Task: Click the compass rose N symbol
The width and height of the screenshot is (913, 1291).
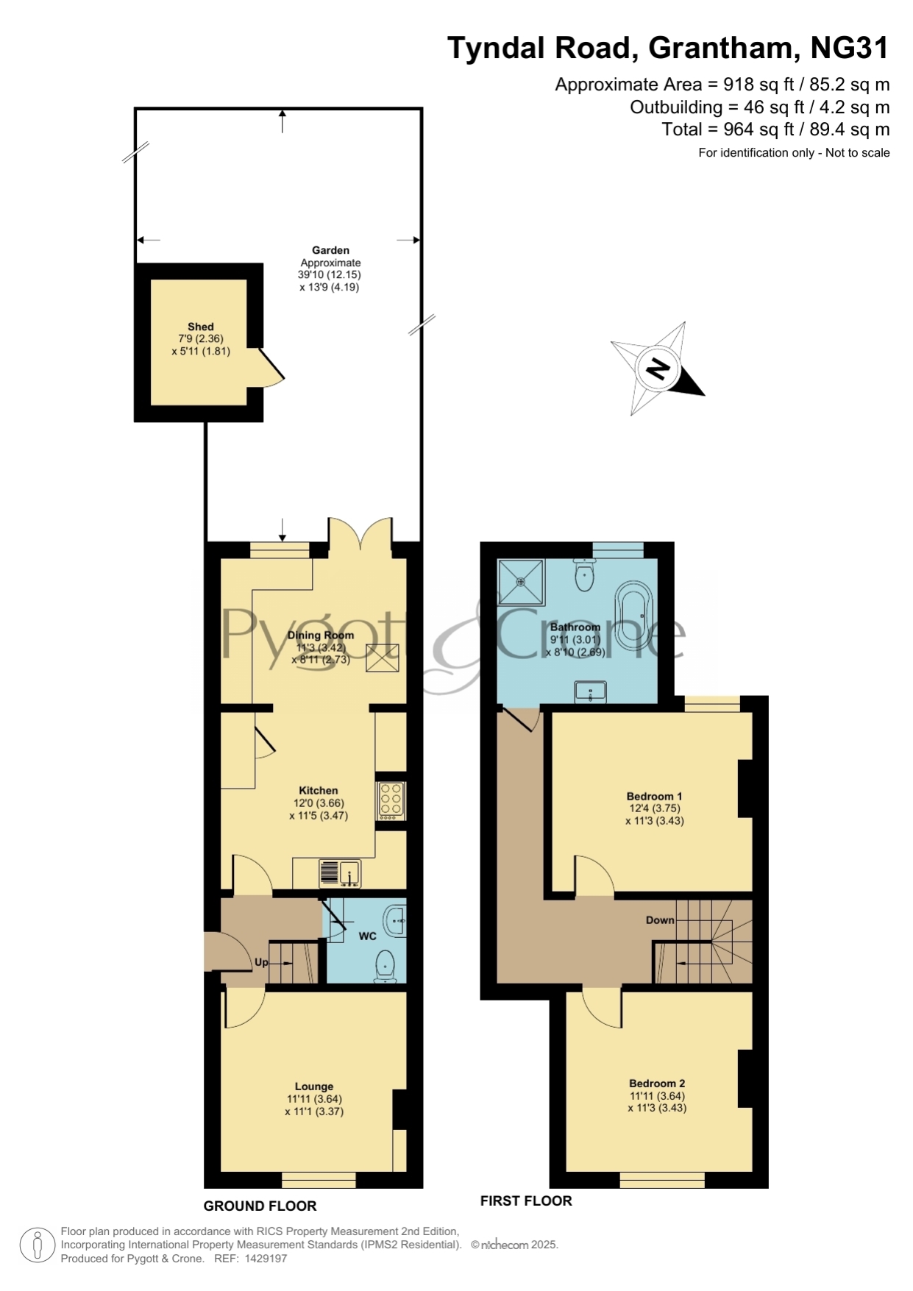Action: point(658,368)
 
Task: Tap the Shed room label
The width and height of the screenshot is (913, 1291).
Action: point(201,327)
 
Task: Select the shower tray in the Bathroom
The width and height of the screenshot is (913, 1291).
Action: point(522,581)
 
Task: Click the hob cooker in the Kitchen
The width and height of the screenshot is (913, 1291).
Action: point(391,800)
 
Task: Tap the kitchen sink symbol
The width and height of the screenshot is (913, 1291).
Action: point(339,873)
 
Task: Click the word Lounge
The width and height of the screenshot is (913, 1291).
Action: point(314,1086)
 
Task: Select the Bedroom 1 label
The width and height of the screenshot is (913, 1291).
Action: point(655,796)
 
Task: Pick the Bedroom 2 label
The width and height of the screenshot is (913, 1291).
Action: point(657,1083)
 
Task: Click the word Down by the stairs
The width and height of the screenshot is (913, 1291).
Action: point(660,920)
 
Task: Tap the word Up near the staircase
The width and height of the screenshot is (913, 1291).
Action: point(261,962)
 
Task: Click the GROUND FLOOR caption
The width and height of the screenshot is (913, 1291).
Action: point(260,1206)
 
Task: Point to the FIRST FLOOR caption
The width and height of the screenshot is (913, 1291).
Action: point(526,1201)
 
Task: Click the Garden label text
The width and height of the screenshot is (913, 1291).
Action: point(330,250)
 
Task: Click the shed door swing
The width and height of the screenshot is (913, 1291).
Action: point(269,367)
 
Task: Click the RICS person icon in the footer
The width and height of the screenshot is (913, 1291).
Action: point(37,1245)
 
